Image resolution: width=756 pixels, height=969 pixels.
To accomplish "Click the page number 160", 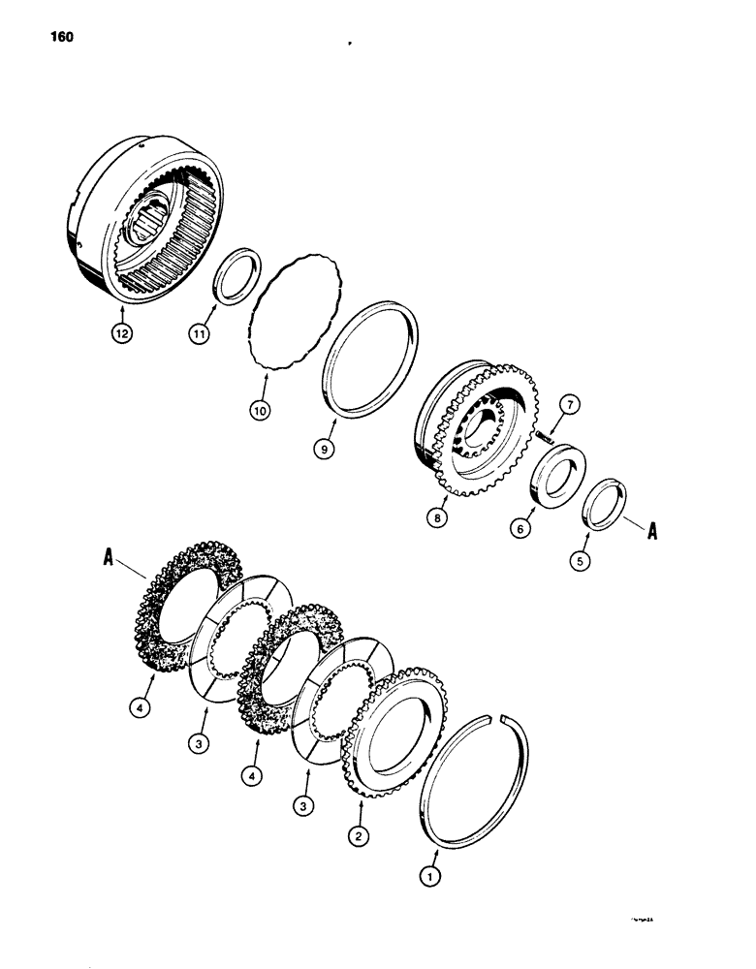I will coord(59,38).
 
